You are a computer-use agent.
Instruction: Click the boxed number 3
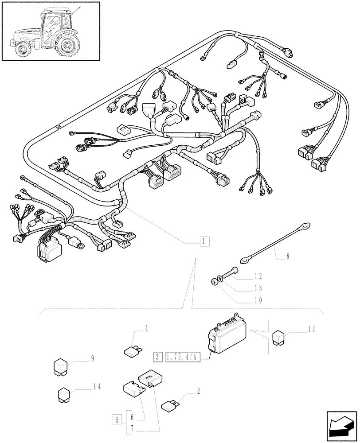pyautogui.click(x=158, y=357)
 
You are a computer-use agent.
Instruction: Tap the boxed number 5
pyautogui.click(x=117, y=419)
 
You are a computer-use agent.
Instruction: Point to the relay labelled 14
pyautogui.click(x=65, y=394)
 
